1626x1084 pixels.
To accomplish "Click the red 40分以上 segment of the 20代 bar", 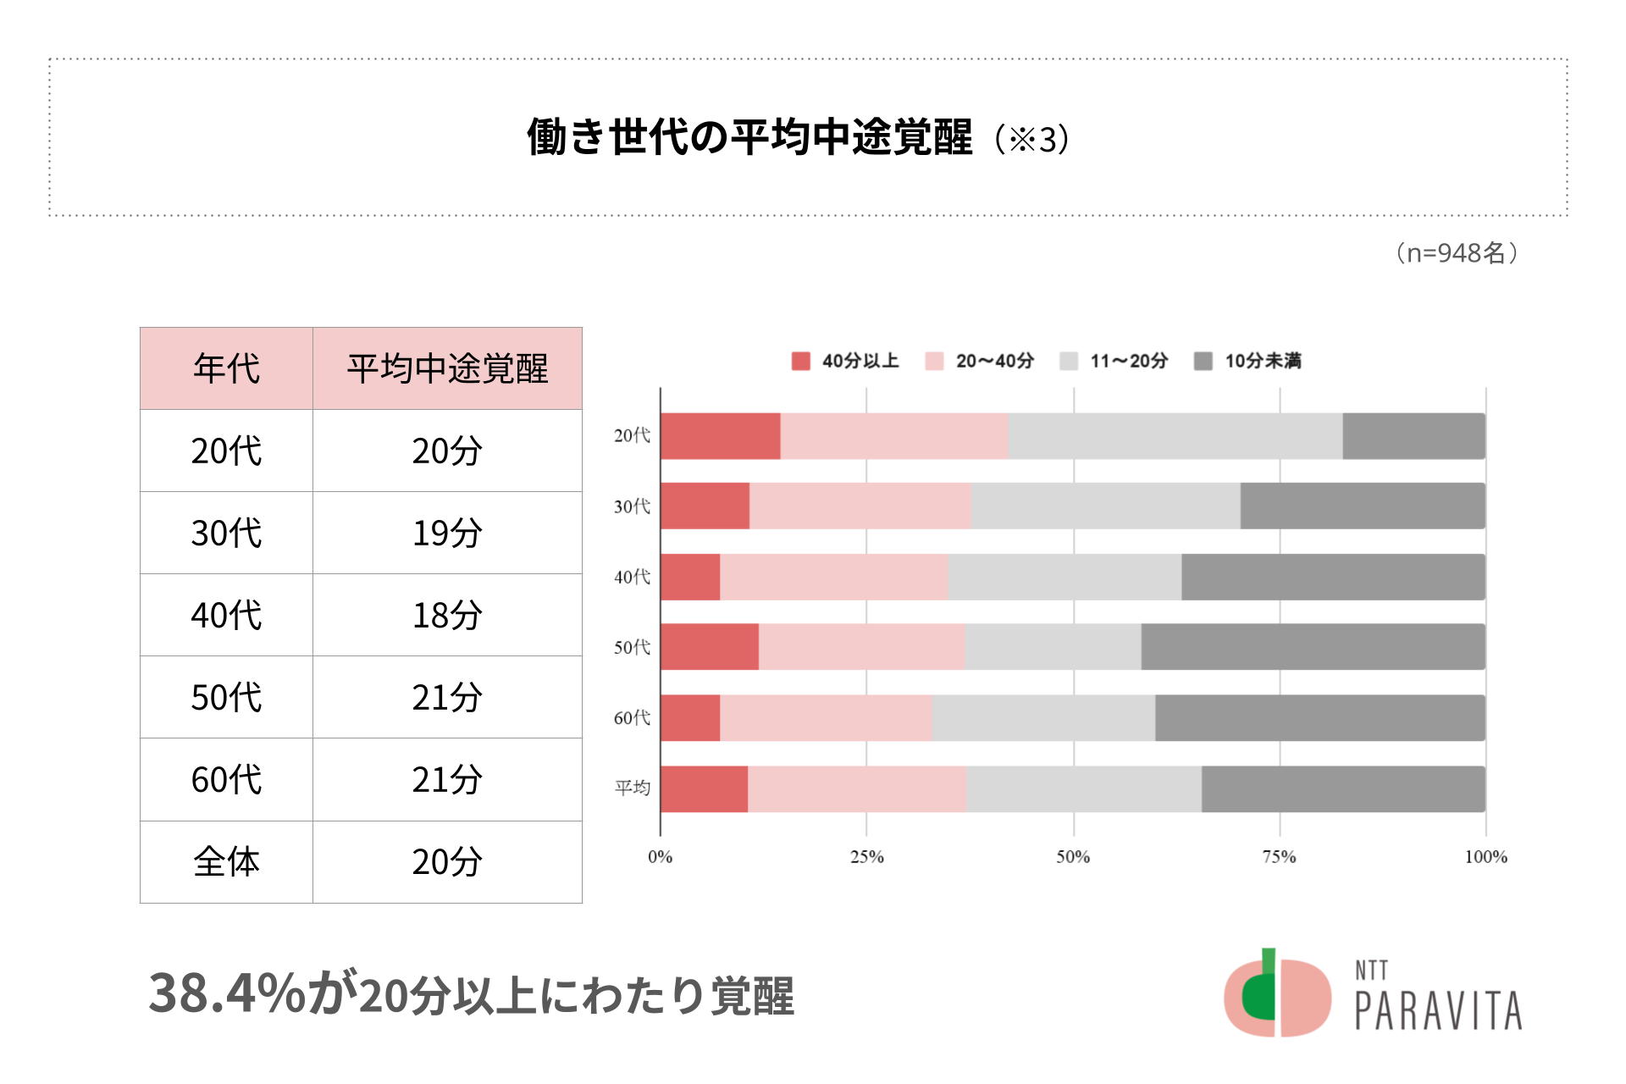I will pyautogui.click(x=720, y=436).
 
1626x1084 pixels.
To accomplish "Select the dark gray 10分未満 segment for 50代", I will pyautogui.click(x=1313, y=647).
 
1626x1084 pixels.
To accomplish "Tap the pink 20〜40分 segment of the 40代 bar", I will pyautogui.click(x=834, y=577).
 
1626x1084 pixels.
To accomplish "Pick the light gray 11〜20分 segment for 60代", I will pyautogui.click(x=1043, y=718).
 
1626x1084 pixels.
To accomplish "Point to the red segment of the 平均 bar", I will pyautogui.click(x=704, y=789).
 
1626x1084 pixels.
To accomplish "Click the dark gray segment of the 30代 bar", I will pyautogui.click(x=1363, y=506).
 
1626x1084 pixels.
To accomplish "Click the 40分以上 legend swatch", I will pyautogui.click(x=800, y=362).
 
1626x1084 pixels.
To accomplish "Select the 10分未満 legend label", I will pyautogui.click(x=1263, y=362).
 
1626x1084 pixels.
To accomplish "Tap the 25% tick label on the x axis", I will pyautogui.click(x=866, y=857).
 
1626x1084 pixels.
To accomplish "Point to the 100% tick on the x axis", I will pyautogui.click(x=1485, y=857).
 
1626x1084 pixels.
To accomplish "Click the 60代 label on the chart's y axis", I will pyautogui.click(x=632, y=718).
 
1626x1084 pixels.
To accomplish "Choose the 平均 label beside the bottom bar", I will pyautogui.click(x=632, y=788).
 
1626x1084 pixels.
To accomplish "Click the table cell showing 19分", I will pyautogui.click(x=447, y=533).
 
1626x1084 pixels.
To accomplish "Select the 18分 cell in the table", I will pyautogui.click(x=447, y=615).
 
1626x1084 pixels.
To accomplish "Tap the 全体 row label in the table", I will pyautogui.click(x=226, y=862).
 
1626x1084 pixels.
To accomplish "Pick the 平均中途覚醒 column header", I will pyautogui.click(x=447, y=368).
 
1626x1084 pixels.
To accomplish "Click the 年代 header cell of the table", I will pyautogui.click(x=226, y=368).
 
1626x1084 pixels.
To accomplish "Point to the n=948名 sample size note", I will pyautogui.click(x=1457, y=252).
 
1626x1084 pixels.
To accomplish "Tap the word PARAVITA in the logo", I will pyautogui.click(x=1438, y=1010).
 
